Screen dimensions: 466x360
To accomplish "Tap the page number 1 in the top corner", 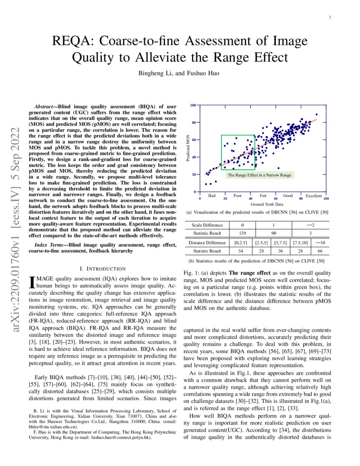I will (x=330, y=17).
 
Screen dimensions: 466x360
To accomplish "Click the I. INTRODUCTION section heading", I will (x=103, y=269).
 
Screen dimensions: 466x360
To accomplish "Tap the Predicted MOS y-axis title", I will (x=188, y=148).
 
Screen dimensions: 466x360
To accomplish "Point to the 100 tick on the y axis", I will (x=193, y=105).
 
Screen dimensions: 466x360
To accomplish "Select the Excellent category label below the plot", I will (x=314, y=196).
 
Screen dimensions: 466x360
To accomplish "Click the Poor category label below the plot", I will (x=238, y=196).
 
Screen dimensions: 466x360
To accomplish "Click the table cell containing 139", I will (x=242, y=233).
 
